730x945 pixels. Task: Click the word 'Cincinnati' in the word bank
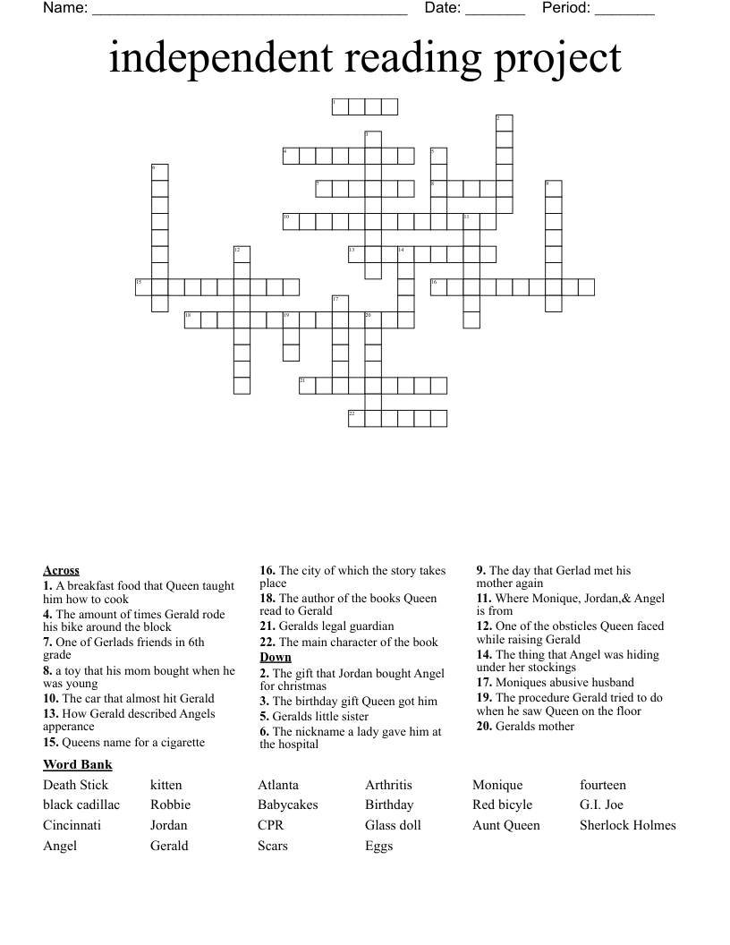(x=72, y=825)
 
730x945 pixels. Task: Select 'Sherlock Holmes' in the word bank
(x=627, y=825)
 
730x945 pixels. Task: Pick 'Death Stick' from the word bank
(x=75, y=785)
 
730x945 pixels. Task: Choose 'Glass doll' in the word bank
(x=393, y=825)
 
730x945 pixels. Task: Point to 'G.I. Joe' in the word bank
(x=601, y=805)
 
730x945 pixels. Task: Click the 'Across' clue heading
(x=61, y=570)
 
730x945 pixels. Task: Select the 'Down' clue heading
(x=276, y=657)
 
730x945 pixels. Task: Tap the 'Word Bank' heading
(x=77, y=764)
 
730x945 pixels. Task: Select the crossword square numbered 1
(x=339, y=107)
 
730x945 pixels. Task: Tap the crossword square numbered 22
(x=356, y=418)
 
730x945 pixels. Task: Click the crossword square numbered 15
(x=143, y=287)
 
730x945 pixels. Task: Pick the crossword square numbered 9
(x=553, y=189)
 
